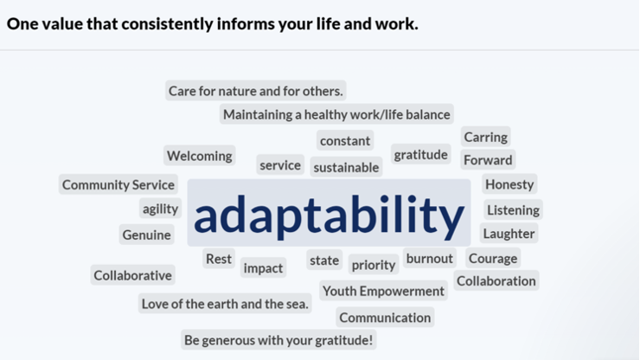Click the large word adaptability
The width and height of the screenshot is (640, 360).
pos(329,213)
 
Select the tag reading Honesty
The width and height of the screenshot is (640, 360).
pos(509,184)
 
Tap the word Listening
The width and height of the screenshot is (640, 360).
pos(513,210)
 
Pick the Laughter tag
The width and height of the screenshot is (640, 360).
pos(509,234)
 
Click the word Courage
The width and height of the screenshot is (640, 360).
pos(493,258)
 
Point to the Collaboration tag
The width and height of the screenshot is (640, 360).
pos(496,280)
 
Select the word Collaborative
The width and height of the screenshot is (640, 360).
pos(132,275)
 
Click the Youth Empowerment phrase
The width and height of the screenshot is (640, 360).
pos(383,291)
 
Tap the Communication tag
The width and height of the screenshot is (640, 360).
pos(385,317)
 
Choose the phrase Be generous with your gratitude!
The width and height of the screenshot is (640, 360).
pos(278,339)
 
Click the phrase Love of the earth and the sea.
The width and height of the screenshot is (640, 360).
pos(225,304)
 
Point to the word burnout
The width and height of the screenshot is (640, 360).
pos(429,258)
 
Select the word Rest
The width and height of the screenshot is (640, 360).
pos(218,258)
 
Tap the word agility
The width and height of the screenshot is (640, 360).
pos(160,209)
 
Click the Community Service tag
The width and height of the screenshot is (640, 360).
pos(118,184)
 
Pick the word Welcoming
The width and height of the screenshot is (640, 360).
pos(199,156)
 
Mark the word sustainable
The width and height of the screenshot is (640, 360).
pos(346,167)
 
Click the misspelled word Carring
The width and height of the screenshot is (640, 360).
pos(486,137)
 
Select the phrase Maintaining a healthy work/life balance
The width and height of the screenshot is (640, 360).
pos(336,114)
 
